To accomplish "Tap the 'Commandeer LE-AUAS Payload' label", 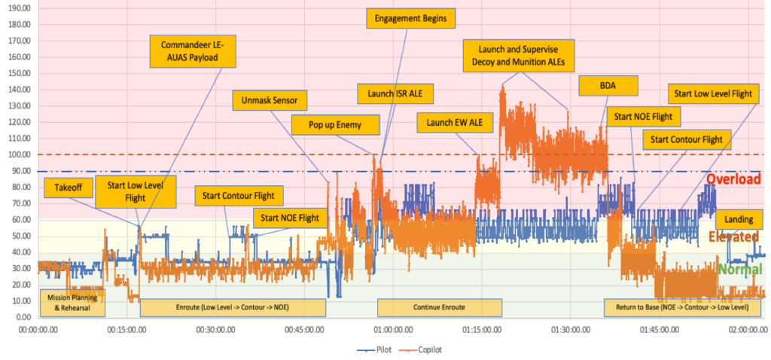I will coord(193,51).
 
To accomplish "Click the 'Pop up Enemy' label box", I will coord(337,124).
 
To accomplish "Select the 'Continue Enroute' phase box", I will coord(439,307).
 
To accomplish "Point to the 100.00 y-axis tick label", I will coord(17,154).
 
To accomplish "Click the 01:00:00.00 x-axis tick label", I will coord(394,329).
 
